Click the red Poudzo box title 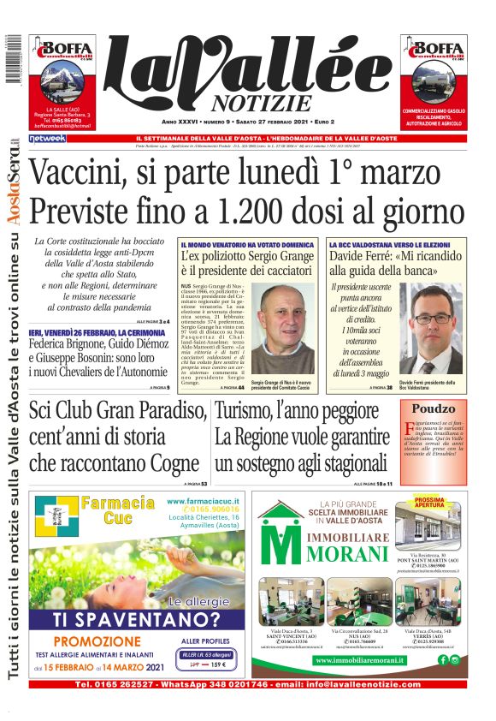[434, 409]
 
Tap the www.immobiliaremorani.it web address [370, 660]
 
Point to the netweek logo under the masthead [47, 138]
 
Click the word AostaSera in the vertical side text [15, 180]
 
